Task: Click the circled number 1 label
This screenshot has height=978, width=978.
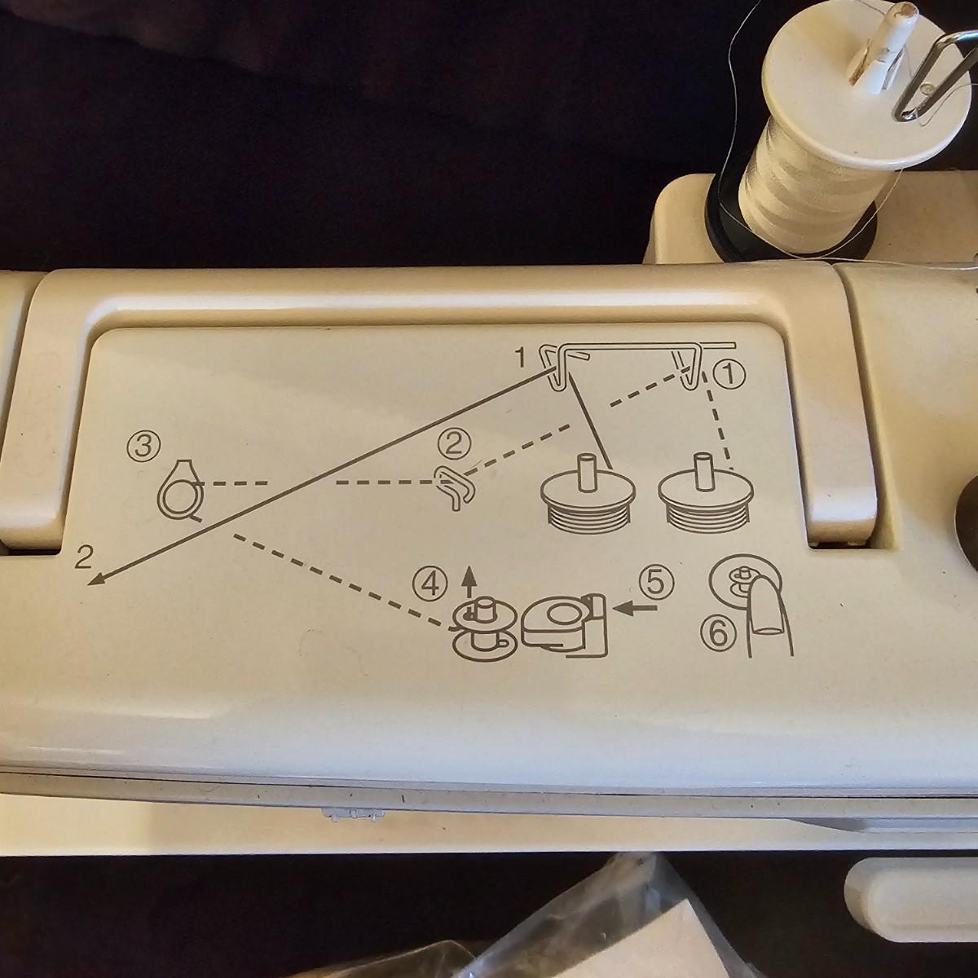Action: (729, 375)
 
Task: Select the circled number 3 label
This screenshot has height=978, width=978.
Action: (144, 446)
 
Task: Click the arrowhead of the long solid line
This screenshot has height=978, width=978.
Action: (96, 579)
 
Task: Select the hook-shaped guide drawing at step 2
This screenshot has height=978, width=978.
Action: (454, 487)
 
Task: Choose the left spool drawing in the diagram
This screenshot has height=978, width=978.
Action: (588, 491)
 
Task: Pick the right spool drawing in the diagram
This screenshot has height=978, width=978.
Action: (706, 491)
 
